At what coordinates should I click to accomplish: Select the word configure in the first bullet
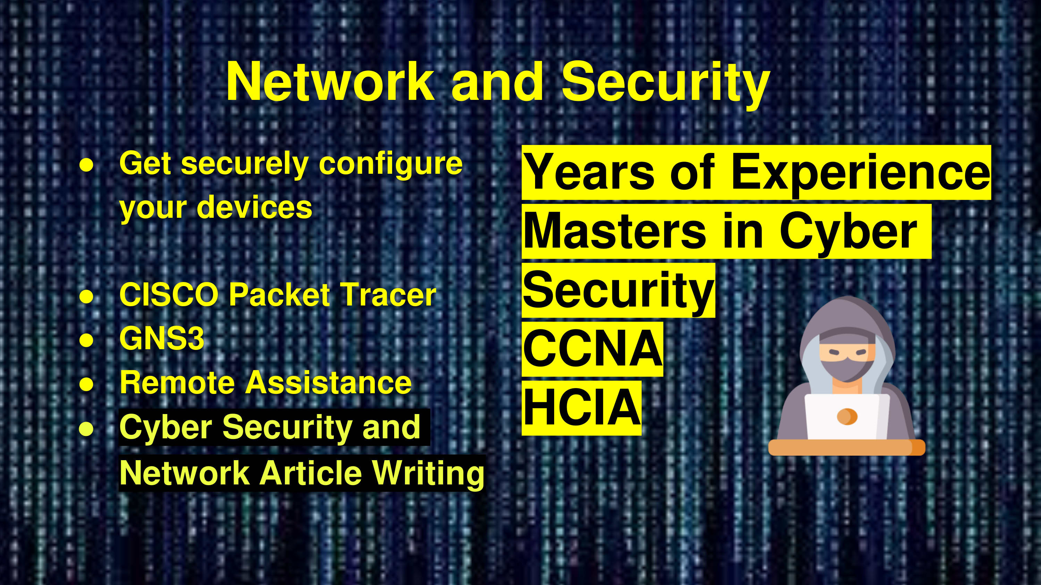pos(391,165)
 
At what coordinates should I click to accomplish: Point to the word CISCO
pos(169,295)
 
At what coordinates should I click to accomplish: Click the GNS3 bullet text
pos(162,338)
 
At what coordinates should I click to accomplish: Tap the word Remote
pos(177,382)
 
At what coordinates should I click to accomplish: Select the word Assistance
pos(329,382)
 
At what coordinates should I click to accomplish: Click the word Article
pos(310,472)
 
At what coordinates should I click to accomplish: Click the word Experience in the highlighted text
pos(861,173)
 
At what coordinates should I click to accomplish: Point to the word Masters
pos(614,232)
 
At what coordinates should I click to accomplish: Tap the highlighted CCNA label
pos(592,349)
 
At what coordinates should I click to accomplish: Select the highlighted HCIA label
pos(582,407)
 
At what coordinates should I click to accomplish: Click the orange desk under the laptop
pos(847,447)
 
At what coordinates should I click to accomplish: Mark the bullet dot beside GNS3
pos(86,339)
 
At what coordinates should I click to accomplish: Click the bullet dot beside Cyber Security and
pos(86,429)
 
